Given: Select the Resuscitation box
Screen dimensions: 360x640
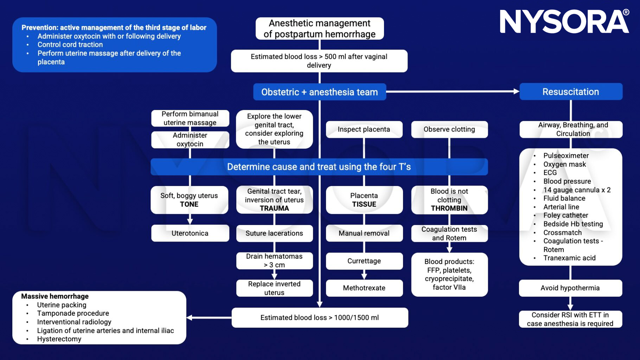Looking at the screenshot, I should click(x=571, y=92).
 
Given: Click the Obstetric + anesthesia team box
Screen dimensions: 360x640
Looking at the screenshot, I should click(x=319, y=92).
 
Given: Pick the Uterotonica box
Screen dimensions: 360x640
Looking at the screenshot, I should click(x=190, y=233).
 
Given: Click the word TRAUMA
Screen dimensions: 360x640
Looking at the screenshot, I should click(x=274, y=208).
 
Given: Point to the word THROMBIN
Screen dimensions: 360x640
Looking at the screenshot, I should click(x=449, y=208).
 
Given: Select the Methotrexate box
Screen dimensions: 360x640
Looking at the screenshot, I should click(x=364, y=288).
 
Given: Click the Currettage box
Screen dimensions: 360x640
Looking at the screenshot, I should click(x=364, y=261).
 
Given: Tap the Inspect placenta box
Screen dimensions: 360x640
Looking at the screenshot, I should click(x=364, y=129).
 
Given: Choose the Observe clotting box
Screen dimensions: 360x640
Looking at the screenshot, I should click(x=449, y=129).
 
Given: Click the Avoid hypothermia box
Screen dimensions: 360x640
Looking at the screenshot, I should click(x=570, y=288).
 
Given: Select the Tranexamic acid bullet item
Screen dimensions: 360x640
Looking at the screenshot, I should click(x=569, y=258).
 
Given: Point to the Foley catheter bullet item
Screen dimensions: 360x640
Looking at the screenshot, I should click(x=565, y=215).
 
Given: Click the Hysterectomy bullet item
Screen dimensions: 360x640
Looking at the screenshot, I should click(x=59, y=339).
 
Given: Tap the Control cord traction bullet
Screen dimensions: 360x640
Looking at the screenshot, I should click(x=70, y=45).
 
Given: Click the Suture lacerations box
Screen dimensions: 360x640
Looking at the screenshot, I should click(x=274, y=233).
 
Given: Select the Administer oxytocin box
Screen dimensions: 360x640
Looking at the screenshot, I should click(x=190, y=140).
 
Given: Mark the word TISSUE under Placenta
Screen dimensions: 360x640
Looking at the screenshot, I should click(x=364, y=204).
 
